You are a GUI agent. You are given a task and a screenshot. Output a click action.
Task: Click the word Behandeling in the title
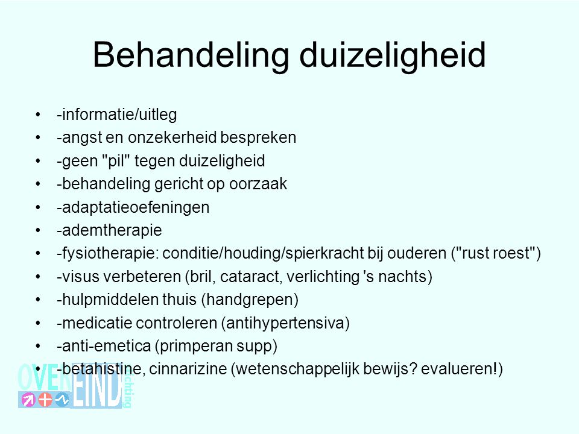coord(191,55)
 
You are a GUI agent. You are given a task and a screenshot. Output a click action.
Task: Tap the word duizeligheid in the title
coord(393,55)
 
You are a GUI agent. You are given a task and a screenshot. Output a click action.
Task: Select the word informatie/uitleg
coord(119,115)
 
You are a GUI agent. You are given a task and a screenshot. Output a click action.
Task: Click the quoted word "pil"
coord(116,161)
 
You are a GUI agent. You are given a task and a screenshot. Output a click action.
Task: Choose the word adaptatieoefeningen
coord(136,207)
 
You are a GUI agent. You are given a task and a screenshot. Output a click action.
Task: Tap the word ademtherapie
coord(112,231)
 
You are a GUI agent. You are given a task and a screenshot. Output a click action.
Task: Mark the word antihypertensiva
coord(285,323)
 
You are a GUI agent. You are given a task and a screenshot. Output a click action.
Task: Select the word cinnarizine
coord(188,369)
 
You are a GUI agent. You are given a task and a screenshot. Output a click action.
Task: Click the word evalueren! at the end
coord(460,369)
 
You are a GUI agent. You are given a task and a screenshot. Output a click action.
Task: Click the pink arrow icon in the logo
coord(28,399)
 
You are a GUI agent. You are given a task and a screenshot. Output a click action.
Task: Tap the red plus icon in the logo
coord(45,399)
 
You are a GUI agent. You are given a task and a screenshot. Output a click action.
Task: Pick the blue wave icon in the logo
coord(62,399)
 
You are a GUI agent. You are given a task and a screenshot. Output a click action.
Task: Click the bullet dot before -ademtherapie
coord(37,231)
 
